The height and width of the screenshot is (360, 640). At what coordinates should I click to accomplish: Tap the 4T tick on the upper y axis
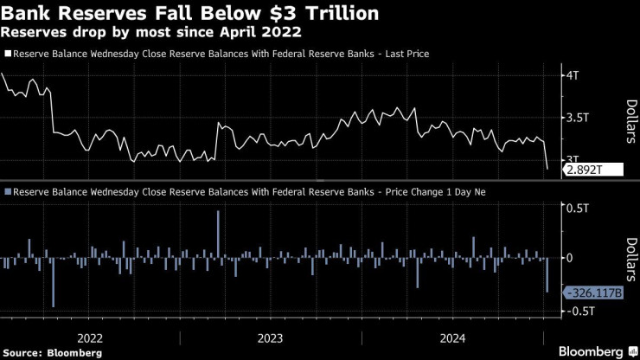(573, 75)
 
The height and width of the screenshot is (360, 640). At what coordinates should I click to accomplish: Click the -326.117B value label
(593, 293)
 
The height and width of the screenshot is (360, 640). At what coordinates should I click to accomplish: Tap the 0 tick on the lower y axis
(568, 258)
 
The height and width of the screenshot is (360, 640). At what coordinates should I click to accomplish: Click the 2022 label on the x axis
(91, 337)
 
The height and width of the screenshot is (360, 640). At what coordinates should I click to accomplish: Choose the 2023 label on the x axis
(271, 337)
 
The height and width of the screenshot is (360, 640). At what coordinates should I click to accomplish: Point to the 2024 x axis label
(451, 337)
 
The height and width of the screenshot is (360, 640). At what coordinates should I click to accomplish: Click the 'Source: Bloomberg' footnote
(53, 353)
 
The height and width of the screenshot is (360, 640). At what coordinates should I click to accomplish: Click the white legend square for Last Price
(7, 54)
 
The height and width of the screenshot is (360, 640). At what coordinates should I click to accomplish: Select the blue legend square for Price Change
(7, 191)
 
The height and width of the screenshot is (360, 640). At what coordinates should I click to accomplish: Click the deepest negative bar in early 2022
(53, 281)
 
